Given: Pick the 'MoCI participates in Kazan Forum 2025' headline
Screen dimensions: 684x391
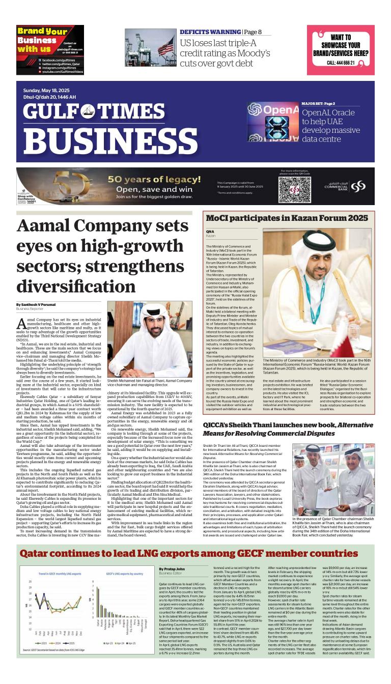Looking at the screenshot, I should click(287, 218).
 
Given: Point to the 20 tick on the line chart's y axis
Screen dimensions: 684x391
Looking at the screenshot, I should click(31, 581).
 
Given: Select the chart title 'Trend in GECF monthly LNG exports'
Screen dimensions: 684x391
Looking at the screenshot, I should click(58, 573).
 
